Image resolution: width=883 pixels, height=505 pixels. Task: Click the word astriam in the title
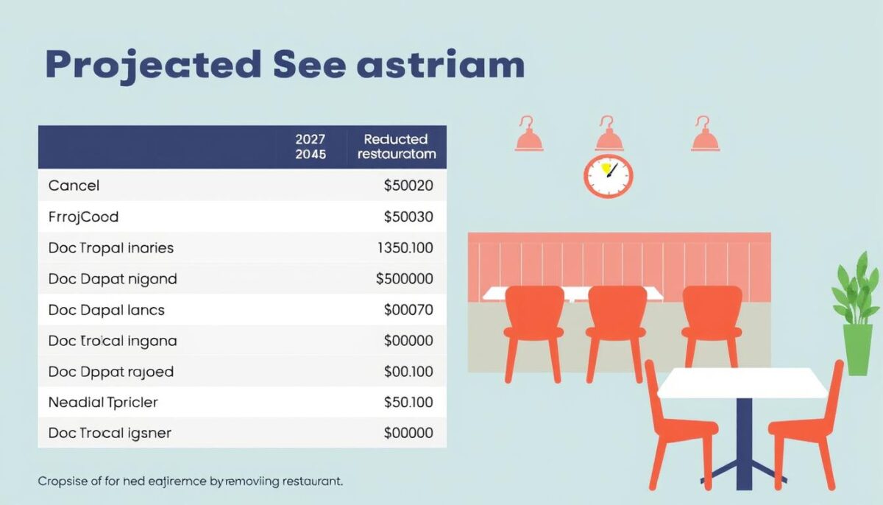(440, 65)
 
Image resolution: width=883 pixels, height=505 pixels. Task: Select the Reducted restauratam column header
(396, 146)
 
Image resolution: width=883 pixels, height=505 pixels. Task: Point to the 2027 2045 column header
(310, 146)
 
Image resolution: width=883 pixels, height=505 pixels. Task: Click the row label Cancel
(74, 186)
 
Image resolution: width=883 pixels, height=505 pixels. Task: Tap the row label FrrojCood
(83, 216)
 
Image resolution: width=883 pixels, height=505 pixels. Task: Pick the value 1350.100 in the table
(405, 248)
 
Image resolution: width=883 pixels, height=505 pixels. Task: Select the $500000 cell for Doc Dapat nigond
(404, 279)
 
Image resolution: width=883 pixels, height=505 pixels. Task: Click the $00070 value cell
(408, 310)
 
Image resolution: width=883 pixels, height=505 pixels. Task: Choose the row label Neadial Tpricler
(103, 403)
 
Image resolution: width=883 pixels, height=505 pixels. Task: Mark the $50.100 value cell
(408, 403)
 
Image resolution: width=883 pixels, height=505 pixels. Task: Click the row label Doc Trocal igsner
(110, 433)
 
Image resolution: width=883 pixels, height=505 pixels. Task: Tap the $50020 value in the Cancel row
(408, 186)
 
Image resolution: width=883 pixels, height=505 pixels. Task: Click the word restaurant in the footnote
(309, 481)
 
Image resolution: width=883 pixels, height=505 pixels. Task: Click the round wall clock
(609, 176)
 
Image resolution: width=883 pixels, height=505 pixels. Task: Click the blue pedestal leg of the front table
(745, 434)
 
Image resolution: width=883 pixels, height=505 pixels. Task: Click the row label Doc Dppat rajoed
(111, 372)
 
